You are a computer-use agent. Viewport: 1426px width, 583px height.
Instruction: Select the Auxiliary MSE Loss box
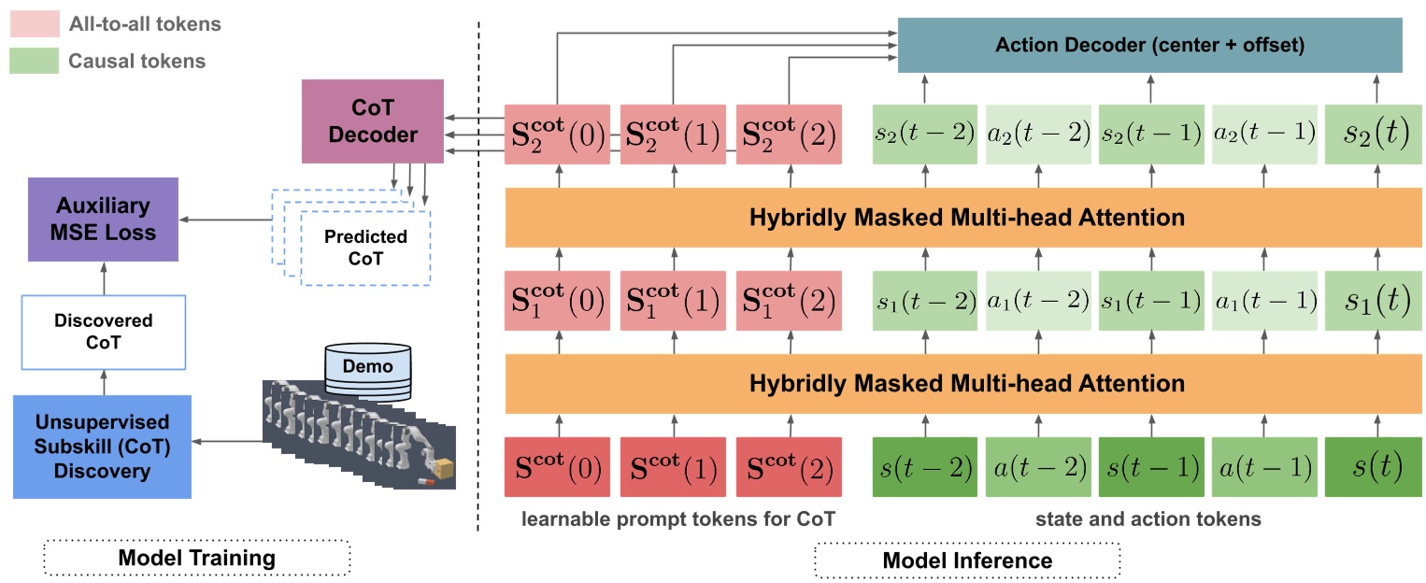103,219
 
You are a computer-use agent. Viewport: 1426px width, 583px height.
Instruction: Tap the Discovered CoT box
103,332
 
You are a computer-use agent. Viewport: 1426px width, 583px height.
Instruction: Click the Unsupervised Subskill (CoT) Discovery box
103,447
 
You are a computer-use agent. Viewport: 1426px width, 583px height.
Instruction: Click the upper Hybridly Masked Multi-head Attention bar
966,218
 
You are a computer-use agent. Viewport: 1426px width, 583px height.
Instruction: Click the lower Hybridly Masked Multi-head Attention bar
966,383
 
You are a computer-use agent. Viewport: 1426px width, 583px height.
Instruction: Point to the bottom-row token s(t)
1377,467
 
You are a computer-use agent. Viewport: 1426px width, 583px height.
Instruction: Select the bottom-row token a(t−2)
1038,467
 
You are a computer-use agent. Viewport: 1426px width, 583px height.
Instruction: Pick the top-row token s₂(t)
1377,134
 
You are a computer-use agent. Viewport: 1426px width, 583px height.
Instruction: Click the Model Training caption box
196,559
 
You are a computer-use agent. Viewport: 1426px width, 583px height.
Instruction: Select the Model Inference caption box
966,560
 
